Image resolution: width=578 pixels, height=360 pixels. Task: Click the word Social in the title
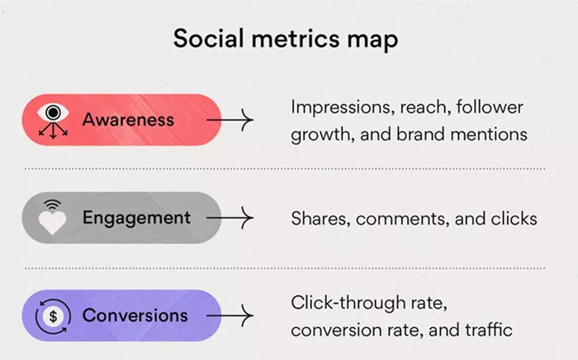(x=208, y=38)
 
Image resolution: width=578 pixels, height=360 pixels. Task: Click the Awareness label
(x=128, y=120)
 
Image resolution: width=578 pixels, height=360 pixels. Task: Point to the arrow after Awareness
(x=230, y=120)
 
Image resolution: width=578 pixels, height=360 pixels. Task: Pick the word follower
(x=490, y=107)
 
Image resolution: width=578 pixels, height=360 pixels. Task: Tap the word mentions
(x=489, y=134)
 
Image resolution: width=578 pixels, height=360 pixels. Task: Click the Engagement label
(x=136, y=218)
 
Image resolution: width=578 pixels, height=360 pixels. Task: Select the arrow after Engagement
(x=230, y=218)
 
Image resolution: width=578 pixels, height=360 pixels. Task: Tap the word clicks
(x=514, y=219)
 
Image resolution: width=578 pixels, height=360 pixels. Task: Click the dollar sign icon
(x=53, y=316)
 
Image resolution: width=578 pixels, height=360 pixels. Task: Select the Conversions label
(x=135, y=315)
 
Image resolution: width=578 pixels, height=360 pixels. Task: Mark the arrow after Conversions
(x=230, y=315)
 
